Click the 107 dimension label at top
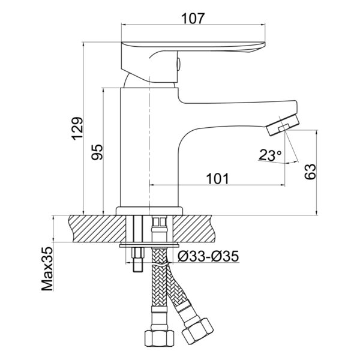pos(193,19)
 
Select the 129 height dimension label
pos(77,128)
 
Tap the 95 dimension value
pos(97,152)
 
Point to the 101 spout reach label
pos(218,179)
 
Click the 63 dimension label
pos(310,172)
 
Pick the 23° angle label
pos(270,155)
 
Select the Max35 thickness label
pos(47,269)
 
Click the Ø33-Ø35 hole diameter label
pos(208,256)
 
